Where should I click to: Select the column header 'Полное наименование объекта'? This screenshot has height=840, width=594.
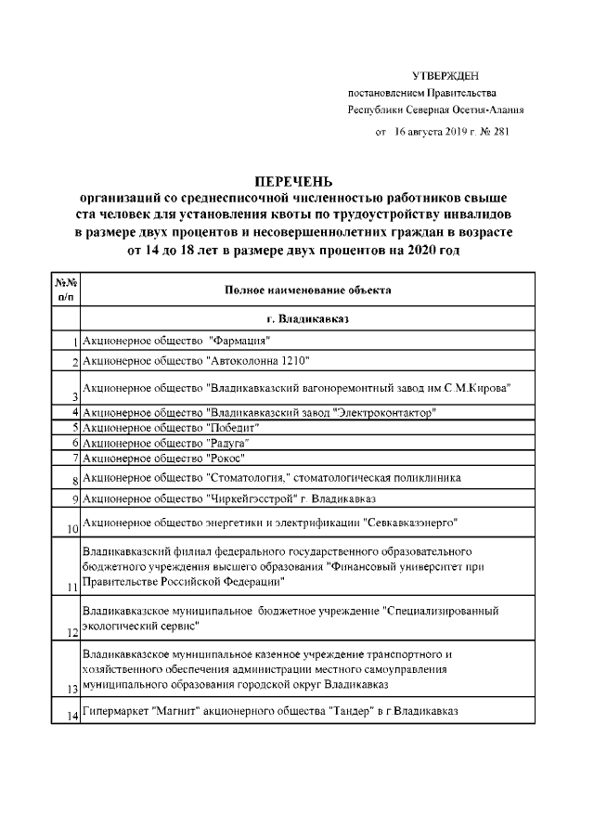click(307, 290)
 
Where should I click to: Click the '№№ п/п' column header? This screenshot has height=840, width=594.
click(65, 290)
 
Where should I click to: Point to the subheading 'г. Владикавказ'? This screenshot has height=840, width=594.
click(307, 318)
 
